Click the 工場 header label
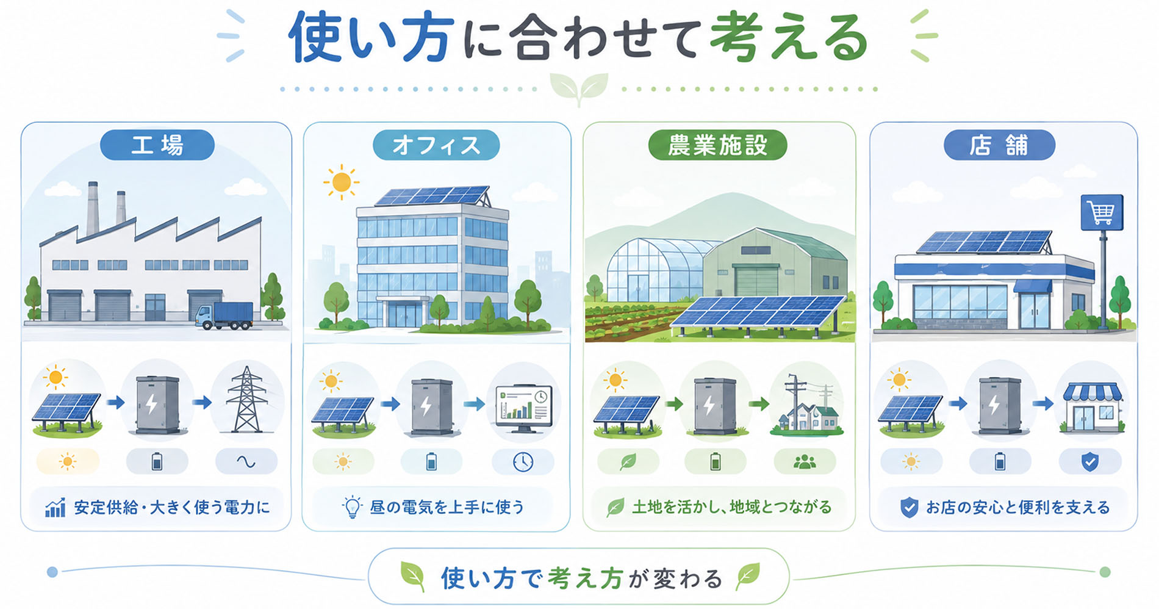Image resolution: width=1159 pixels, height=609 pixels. [157, 145]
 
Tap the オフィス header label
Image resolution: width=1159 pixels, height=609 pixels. [436, 145]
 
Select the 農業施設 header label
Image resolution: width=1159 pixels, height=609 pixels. [717, 145]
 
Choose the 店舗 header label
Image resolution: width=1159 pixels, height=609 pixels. [999, 145]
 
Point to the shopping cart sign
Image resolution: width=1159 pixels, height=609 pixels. [1102, 212]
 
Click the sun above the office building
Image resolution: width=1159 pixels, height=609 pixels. [342, 182]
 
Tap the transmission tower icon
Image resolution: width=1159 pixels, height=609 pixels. [246, 400]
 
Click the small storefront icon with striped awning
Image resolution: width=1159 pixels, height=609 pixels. [1093, 408]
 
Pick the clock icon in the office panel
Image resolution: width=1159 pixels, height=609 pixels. [523, 462]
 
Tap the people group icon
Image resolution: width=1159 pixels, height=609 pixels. [805, 462]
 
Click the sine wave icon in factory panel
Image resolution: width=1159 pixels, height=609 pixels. [246, 462]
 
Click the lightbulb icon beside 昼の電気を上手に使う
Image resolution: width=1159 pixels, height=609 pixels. [352, 507]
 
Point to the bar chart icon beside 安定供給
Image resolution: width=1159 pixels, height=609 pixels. [56, 507]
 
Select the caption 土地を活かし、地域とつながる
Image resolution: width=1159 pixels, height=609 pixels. [731, 507]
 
